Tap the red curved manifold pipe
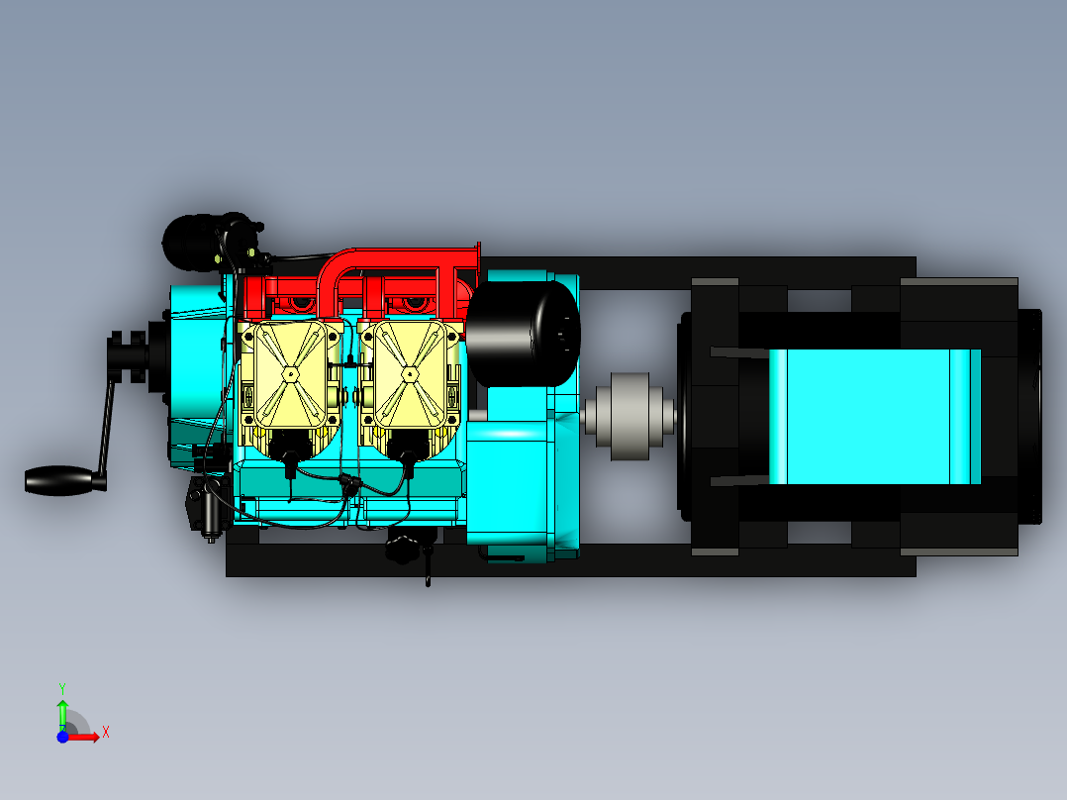tap(396, 258)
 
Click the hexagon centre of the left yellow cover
tap(290, 373)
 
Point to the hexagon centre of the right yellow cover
tap(409, 373)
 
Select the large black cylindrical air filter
tap(522, 333)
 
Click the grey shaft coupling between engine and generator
tap(629, 416)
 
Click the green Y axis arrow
tap(62, 711)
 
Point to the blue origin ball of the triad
tap(63, 737)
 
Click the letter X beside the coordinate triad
tap(105, 733)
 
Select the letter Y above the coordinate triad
tap(61, 687)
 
